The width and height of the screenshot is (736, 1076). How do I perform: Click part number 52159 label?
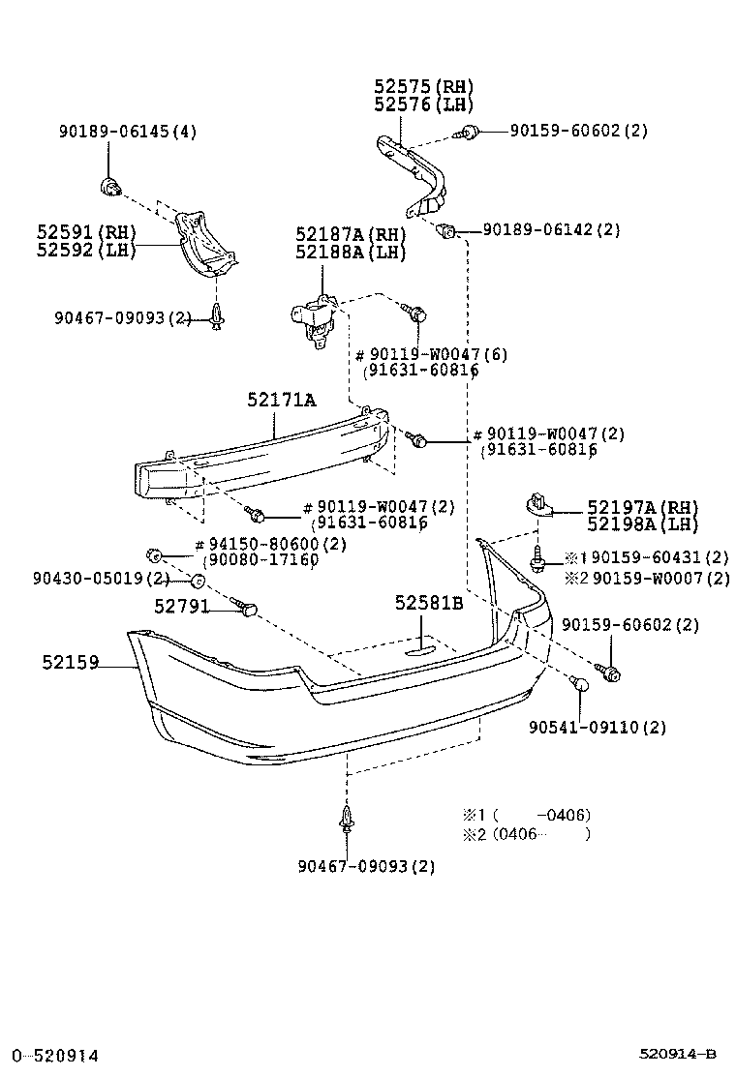click(x=70, y=663)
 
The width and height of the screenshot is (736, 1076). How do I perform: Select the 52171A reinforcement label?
click(x=280, y=400)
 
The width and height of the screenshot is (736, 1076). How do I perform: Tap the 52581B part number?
click(x=429, y=604)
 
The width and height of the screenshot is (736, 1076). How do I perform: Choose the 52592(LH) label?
click(x=86, y=250)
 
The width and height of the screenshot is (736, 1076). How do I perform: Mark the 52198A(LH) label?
click(x=642, y=524)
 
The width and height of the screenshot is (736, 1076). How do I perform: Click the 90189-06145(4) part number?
click(x=128, y=133)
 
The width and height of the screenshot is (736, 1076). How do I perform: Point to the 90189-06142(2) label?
click(x=551, y=230)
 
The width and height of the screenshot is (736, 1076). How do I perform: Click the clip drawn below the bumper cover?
click(x=346, y=822)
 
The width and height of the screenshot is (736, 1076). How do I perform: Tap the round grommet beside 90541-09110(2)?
click(x=582, y=685)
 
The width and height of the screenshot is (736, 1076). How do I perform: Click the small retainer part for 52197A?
click(x=538, y=506)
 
